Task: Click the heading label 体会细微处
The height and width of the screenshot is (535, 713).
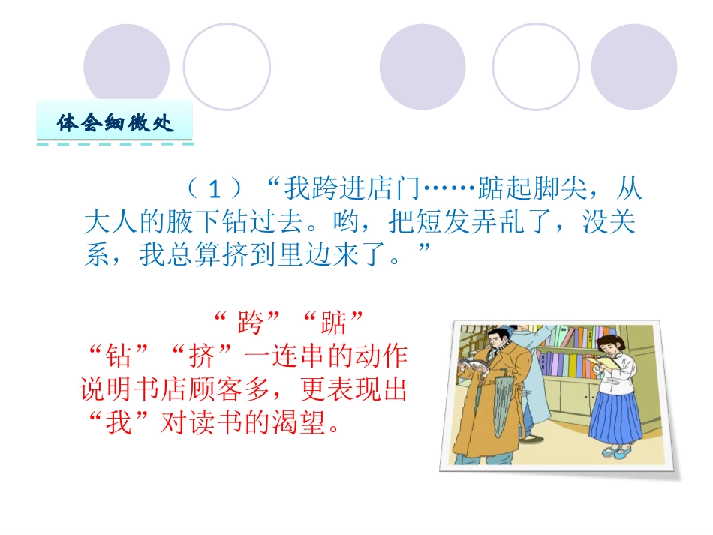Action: click(116, 122)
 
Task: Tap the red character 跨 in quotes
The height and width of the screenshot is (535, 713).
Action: click(249, 324)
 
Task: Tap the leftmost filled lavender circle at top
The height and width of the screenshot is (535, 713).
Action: click(127, 66)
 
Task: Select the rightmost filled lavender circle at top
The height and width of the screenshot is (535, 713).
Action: click(634, 66)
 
